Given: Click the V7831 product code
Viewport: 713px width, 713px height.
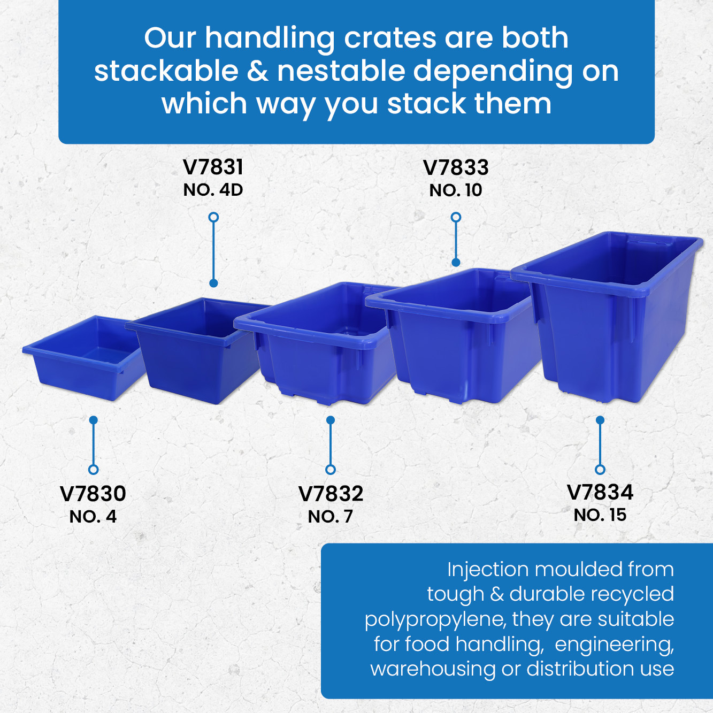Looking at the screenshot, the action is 213,167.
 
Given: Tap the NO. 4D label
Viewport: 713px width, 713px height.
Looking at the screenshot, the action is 213,190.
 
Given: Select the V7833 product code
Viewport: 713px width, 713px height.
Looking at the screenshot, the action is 456,167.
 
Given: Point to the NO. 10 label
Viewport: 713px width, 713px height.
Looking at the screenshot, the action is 456,190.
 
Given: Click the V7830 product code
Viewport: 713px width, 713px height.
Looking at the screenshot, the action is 93,494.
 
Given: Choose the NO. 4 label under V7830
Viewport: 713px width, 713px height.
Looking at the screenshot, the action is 93,517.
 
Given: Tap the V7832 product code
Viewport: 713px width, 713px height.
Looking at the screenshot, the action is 331,494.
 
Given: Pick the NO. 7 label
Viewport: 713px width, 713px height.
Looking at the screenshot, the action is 331,517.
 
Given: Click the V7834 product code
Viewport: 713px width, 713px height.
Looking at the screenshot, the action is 600,492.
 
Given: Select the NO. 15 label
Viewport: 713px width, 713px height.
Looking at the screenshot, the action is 600,515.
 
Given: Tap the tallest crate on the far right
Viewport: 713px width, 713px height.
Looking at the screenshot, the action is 607,317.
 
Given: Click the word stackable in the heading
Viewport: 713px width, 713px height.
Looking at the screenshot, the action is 166,71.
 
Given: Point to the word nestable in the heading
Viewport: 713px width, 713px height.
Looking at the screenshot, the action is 341,71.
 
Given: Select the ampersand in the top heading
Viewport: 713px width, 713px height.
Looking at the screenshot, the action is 257,71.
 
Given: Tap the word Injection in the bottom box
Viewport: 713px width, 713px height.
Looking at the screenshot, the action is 488,569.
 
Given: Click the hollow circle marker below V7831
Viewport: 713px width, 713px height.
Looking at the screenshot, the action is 213,217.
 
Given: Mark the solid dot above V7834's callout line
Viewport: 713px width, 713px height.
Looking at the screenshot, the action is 600,420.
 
